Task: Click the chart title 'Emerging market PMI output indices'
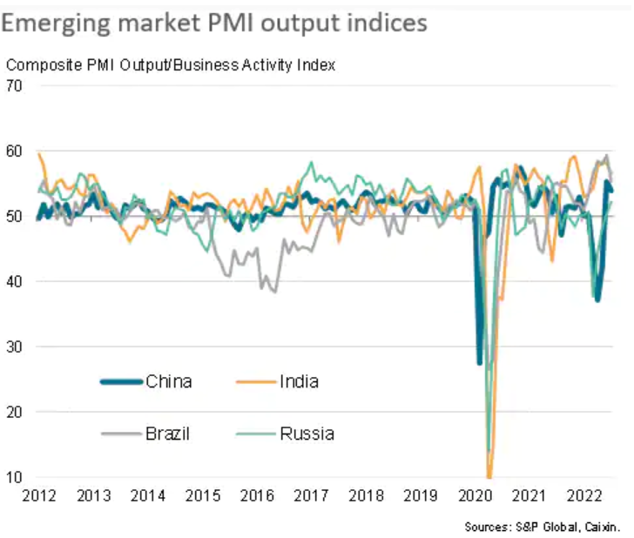click(x=214, y=22)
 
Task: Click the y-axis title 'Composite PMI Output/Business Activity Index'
click(x=171, y=65)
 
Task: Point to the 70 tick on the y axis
click(x=13, y=85)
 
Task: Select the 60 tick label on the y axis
click(x=13, y=151)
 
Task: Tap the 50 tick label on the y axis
click(x=13, y=216)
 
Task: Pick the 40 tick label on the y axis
click(x=13, y=281)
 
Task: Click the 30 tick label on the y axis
click(x=13, y=346)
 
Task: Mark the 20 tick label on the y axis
click(x=13, y=412)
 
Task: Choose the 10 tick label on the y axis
click(x=13, y=477)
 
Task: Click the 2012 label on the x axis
click(x=38, y=496)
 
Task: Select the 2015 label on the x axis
click(x=203, y=496)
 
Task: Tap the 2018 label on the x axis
click(x=366, y=496)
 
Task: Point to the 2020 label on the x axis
click(x=475, y=496)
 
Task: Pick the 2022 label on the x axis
click(x=583, y=496)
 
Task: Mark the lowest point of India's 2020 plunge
click(x=489, y=477)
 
